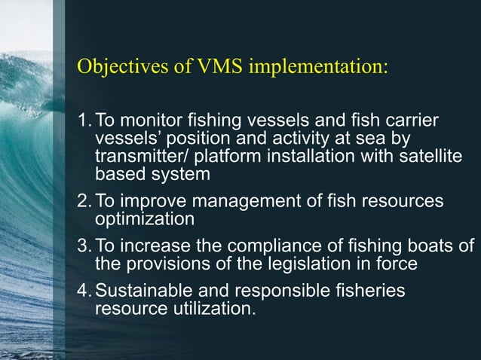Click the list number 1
point(84,122)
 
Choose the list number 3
point(84,247)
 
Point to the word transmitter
point(137,157)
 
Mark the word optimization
point(144,219)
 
